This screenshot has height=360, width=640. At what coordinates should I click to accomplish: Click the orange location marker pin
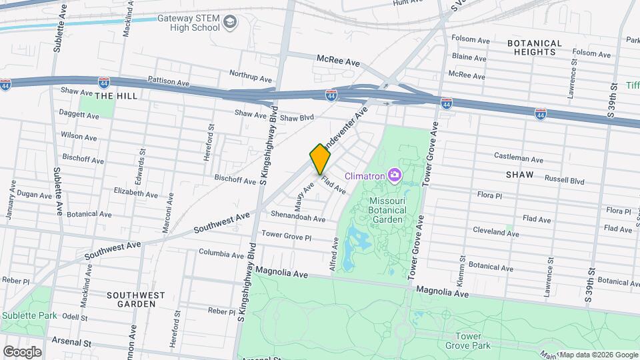pos(320,159)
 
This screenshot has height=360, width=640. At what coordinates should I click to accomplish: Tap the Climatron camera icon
pos(395,175)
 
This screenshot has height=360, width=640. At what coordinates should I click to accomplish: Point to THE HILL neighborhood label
pos(115,96)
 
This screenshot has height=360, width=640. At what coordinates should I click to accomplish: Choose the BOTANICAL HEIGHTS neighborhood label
pos(535,47)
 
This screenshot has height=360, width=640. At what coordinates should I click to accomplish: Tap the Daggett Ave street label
pos(79,115)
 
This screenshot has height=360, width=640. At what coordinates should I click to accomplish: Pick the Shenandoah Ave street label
pos(298,216)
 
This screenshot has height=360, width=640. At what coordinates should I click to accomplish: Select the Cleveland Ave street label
pos(495,231)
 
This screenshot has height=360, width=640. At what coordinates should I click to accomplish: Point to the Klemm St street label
pos(461,267)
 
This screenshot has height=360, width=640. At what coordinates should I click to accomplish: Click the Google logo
pos(22,351)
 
